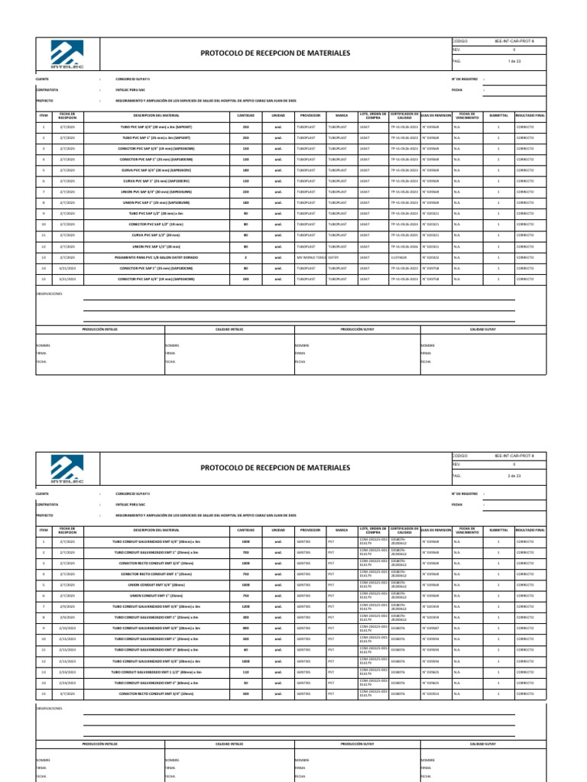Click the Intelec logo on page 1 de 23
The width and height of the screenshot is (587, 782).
pos(66,53)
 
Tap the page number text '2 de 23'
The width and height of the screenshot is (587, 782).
pos(513,476)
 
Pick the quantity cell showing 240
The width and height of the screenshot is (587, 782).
pos(246,280)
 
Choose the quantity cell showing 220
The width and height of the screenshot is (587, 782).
pos(246,192)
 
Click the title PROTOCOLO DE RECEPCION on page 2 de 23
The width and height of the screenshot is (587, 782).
pos(274,467)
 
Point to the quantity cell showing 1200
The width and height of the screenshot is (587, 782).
pos(246,606)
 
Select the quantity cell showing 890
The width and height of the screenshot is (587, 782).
pos(246,628)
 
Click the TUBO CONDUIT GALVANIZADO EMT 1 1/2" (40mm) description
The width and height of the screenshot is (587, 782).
pos(156,671)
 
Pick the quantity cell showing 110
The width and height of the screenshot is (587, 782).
pos(246,671)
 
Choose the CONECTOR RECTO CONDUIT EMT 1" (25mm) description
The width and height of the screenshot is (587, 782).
pos(156,574)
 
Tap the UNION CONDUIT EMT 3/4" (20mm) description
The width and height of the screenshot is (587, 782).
pos(156,584)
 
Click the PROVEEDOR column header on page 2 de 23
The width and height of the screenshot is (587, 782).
pos(310,529)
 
